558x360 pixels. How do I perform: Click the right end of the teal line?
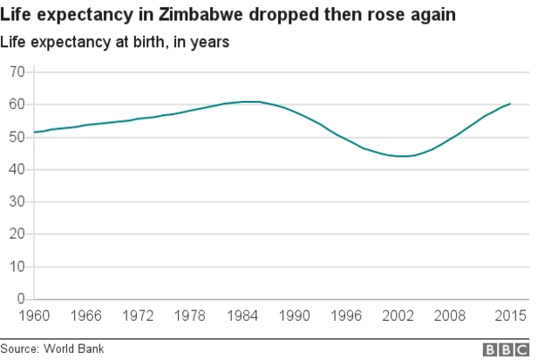(x=510, y=104)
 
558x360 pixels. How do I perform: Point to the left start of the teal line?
(x=33, y=132)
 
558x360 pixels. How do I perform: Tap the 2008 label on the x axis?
(x=451, y=316)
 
